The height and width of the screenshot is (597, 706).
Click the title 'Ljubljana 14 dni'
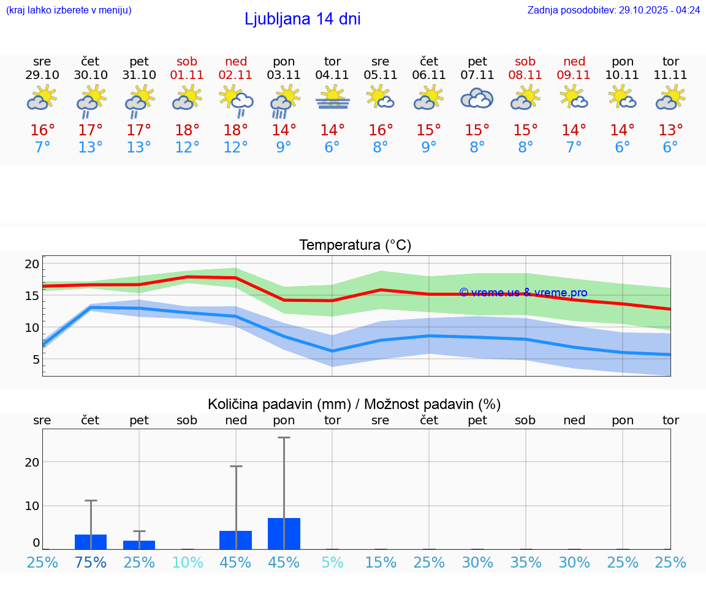pyautogui.click(x=302, y=19)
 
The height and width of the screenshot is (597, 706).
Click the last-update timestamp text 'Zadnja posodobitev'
pyautogui.click(x=613, y=10)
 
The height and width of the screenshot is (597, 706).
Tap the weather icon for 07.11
pyautogui.click(x=477, y=98)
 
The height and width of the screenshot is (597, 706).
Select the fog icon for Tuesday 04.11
pyautogui.click(x=332, y=98)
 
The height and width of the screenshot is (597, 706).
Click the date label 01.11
pyautogui.click(x=187, y=75)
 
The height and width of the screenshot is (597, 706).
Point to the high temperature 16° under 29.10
pyautogui.click(x=42, y=130)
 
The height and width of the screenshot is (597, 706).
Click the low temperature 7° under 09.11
pyautogui.click(x=574, y=148)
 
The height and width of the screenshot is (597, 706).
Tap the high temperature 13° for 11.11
pyautogui.click(x=670, y=130)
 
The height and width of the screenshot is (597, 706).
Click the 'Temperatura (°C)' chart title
pyautogui.click(x=355, y=246)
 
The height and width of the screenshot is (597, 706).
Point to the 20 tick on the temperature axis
pyautogui.click(x=32, y=264)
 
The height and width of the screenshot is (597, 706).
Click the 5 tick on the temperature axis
pyautogui.click(x=36, y=359)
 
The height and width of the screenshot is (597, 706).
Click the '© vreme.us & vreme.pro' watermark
pyautogui.click(x=523, y=293)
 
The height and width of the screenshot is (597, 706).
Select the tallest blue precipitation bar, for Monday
pyautogui.click(x=284, y=534)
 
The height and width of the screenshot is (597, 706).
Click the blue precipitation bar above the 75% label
pyautogui.click(x=91, y=542)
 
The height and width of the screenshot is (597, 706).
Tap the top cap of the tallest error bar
pyautogui.click(x=284, y=438)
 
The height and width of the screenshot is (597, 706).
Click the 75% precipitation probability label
pyautogui.click(x=91, y=562)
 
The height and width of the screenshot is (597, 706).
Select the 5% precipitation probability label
pyautogui.click(x=332, y=562)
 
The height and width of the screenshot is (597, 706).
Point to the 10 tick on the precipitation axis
pyautogui.click(x=32, y=506)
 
